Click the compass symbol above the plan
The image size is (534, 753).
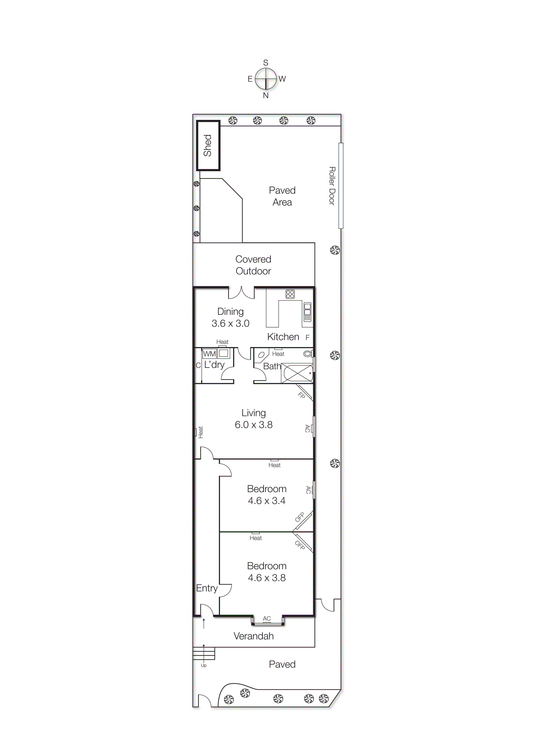tap(265, 79)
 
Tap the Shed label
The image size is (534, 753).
tap(207, 145)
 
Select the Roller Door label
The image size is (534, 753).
tap(332, 186)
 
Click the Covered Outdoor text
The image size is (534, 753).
tap(253, 265)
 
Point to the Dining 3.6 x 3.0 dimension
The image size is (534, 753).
tap(230, 323)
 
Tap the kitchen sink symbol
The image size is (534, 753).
tap(307, 312)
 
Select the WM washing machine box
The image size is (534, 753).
tap(209, 354)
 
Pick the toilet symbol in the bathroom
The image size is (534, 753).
tap(307, 354)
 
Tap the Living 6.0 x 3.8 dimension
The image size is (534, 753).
tap(254, 425)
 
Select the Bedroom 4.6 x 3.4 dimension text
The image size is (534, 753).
tap(267, 501)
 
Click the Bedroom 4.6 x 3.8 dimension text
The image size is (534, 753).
tap(267, 578)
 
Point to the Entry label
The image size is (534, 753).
tap(207, 588)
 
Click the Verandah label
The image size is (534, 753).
tap(254, 636)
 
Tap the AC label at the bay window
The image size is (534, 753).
tap(267, 618)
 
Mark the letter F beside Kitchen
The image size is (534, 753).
tap(307, 337)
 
